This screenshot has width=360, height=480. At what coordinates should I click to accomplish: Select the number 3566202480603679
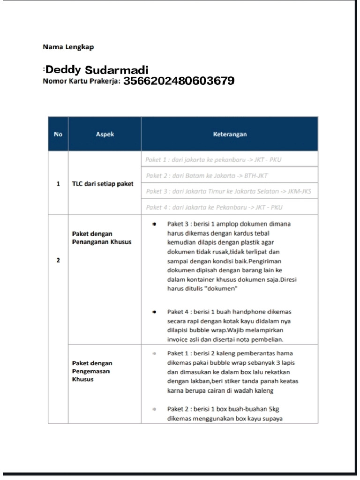pos(179,81)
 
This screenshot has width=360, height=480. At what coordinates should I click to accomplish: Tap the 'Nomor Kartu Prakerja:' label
pos(82,81)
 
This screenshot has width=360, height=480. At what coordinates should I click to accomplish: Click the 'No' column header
pos(58,134)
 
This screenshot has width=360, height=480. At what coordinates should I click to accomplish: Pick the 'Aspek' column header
pos(105,134)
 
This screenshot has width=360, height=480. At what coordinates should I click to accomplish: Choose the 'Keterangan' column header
pos(230,134)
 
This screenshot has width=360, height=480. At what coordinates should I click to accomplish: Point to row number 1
pos(58,184)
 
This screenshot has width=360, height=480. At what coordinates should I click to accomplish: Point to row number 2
pos(58,261)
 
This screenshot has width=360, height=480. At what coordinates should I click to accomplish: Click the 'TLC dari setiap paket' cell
pos(102,184)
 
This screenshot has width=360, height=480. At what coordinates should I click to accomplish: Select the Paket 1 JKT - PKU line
pos(214,159)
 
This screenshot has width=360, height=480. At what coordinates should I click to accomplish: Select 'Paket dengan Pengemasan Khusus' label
pos(92,371)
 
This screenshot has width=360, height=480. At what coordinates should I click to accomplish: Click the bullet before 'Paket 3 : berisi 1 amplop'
pos(155,224)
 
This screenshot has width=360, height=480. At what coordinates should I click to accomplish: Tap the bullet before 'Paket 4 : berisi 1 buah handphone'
pos(155,311)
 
